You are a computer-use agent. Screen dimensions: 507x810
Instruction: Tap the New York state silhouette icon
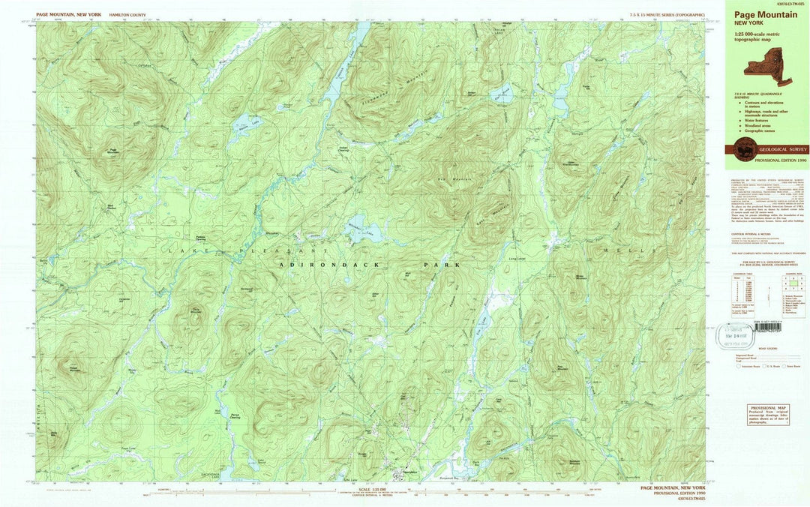pos(766,62)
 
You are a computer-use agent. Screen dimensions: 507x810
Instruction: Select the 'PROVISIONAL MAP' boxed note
pos(768,415)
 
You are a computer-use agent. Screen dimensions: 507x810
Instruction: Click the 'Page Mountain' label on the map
pos(113,151)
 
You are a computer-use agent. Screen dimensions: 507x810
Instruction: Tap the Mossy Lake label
pos(133,370)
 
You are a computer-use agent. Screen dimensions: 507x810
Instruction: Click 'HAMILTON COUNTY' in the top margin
pos(127,14)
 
